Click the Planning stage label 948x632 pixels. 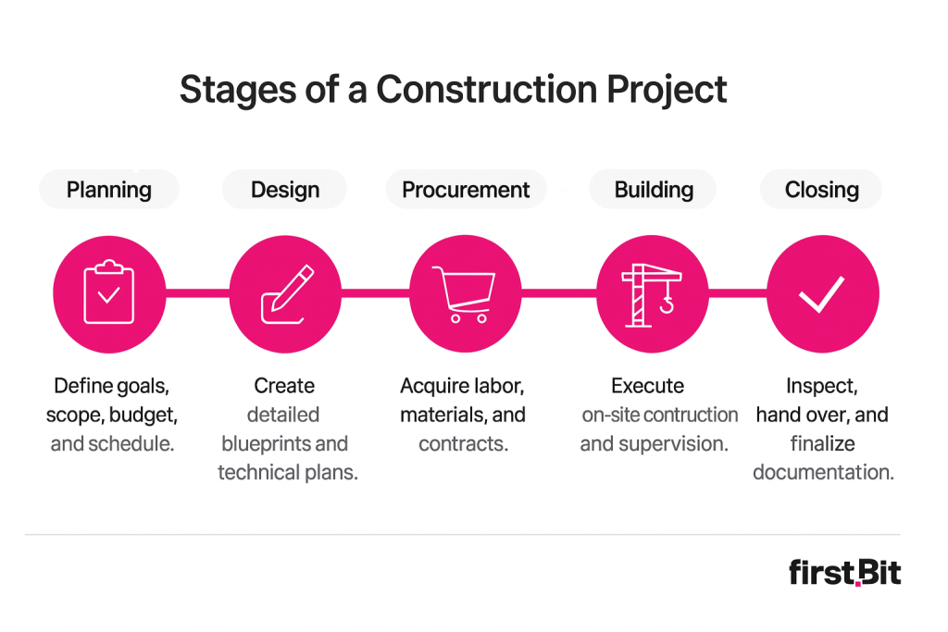point(108,190)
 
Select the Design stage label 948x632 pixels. point(284,190)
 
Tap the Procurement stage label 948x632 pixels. point(466,190)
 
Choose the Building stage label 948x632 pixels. point(654,190)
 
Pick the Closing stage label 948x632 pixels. point(821,190)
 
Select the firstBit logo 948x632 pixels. point(844,572)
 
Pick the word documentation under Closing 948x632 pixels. point(822,472)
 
